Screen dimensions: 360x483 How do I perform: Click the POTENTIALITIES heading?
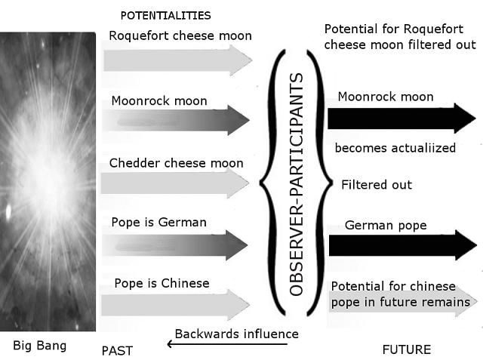point(166,15)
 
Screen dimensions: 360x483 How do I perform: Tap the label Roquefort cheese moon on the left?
point(180,35)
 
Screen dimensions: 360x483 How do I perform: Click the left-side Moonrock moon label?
point(159,100)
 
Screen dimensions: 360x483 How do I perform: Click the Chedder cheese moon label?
point(177,163)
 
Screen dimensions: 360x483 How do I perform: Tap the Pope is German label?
point(158,223)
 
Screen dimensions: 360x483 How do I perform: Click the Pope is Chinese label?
point(162,284)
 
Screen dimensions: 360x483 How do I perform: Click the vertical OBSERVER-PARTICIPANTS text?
point(297,185)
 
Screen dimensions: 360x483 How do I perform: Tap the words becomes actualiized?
point(395,148)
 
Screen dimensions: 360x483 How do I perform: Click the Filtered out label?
point(377,185)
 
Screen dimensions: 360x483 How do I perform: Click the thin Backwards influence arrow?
point(227,344)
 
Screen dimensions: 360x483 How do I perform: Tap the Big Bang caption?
point(40,346)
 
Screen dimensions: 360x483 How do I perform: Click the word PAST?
point(117,350)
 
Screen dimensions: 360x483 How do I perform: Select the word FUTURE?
point(407,349)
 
